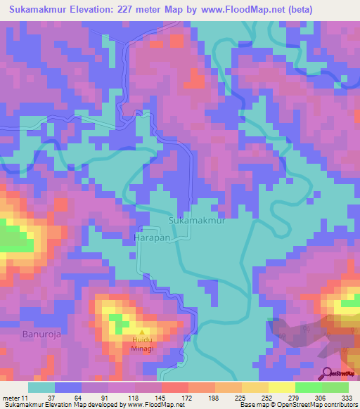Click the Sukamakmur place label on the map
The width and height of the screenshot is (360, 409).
click(x=197, y=220)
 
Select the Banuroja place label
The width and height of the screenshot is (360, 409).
click(x=41, y=334)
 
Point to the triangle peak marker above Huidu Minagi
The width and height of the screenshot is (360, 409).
click(x=143, y=333)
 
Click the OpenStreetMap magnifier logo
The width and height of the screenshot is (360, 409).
click(x=328, y=372)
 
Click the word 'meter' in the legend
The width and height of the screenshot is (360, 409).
click(x=10, y=397)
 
